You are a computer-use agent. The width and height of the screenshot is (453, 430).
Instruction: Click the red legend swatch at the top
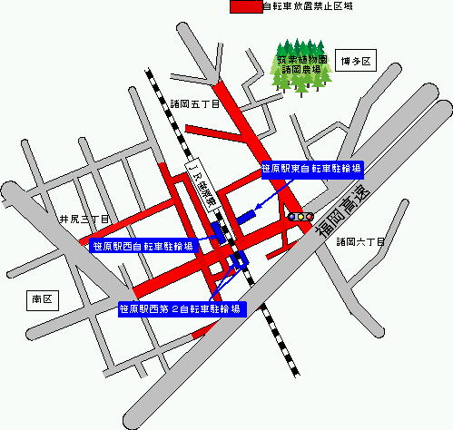[x=245, y=6]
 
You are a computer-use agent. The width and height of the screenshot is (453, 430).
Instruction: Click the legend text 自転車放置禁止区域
[x=307, y=6]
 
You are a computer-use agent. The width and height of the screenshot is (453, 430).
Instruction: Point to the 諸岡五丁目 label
[x=194, y=105]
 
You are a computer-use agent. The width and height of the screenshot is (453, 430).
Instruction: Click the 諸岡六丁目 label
[x=360, y=241]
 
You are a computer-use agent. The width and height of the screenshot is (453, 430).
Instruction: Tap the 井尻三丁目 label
[x=84, y=220]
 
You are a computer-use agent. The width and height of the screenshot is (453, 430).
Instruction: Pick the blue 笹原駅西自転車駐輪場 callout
[x=143, y=246]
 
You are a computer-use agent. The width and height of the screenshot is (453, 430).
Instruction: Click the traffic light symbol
[x=300, y=218]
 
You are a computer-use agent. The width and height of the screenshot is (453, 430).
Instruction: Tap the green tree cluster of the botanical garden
[x=300, y=64]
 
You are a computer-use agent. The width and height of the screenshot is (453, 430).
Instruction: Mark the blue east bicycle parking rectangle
[x=248, y=217]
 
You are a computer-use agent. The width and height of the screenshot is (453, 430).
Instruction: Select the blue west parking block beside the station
[x=218, y=230]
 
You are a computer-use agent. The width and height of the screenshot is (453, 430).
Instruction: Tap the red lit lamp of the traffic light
[x=292, y=218]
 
